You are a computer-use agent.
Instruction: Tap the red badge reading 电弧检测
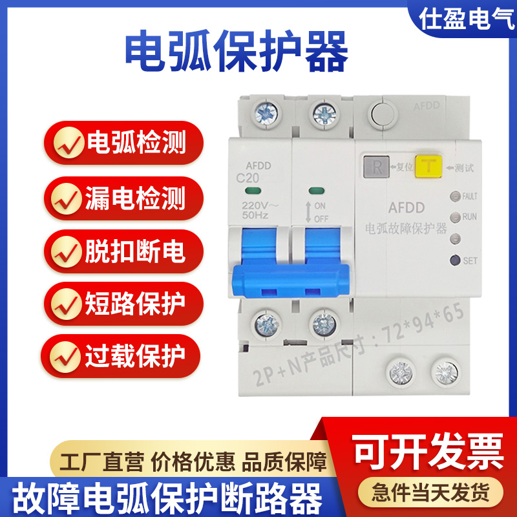click(122, 143)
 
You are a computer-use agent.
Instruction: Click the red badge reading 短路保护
click(122, 302)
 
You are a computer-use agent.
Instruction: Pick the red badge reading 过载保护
click(122, 355)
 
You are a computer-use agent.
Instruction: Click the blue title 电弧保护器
click(236, 52)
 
